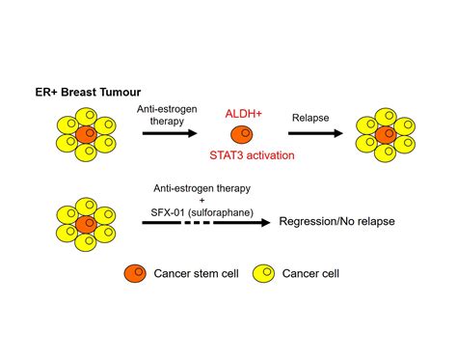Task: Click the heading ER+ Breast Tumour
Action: (88, 95)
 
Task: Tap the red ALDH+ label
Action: (242, 114)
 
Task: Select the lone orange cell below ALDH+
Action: (241, 133)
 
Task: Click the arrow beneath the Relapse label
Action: (314, 134)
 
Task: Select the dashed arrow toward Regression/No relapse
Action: (204, 222)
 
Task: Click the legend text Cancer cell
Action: (312, 274)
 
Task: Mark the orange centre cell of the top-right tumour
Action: (385, 133)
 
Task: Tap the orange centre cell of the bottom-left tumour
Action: (85, 222)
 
